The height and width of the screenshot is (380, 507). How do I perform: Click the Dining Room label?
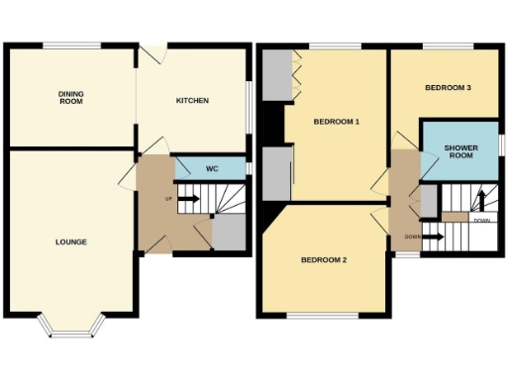[x=70, y=96]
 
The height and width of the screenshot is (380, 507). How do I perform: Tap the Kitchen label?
[x=192, y=100]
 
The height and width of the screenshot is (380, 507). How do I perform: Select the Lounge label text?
[x=70, y=241]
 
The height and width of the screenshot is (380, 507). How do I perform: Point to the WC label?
[x=211, y=169]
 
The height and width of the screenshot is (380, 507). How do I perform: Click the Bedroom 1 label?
[x=336, y=122]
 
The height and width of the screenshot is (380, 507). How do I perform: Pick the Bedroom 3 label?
[x=447, y=88]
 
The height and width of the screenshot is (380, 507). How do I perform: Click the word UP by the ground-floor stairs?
[x=168, y=198]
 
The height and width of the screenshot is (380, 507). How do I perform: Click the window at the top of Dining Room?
[x=70, y=46]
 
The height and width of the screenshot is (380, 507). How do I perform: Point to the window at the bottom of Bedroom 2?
[x=323, y=316]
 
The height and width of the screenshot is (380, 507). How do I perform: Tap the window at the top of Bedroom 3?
[x=443, y=46]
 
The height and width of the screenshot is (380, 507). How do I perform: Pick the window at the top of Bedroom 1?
[x=332, y=46]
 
